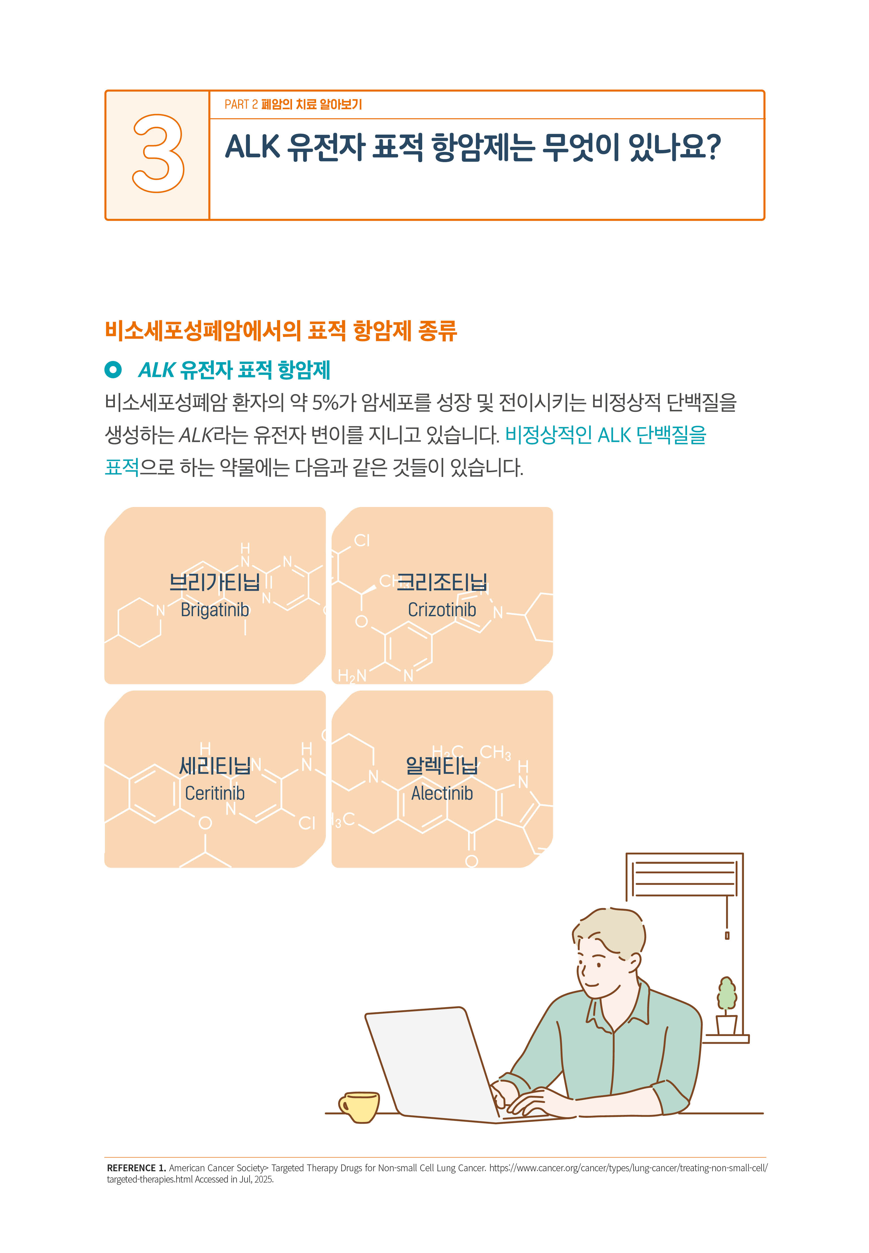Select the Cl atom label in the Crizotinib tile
pos(362,541)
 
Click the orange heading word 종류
pos(437,330)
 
